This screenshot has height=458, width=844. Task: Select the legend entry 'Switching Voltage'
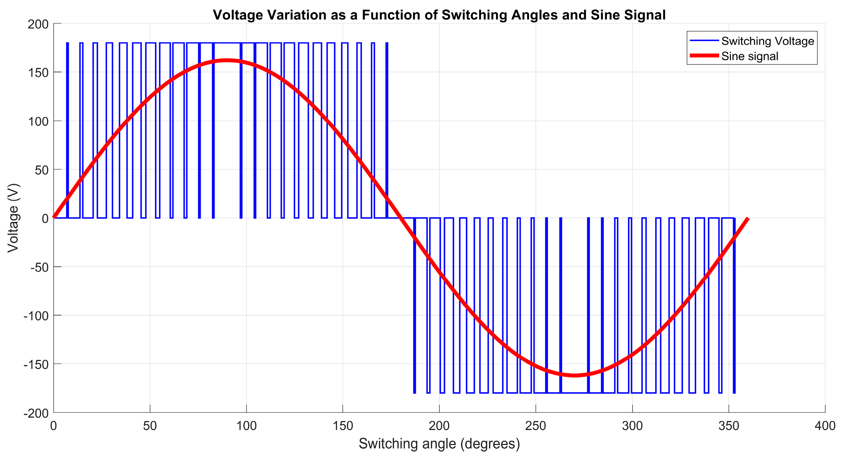(767, 41)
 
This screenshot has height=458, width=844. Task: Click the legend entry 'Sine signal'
(749, 56)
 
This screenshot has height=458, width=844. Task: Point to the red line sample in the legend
(704, 56)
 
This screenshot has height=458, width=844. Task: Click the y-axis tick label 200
(38, 24)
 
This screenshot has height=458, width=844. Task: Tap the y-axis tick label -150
(36, 364)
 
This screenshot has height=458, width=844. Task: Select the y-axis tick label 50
(42, 170)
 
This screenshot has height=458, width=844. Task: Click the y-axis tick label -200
(36, 413)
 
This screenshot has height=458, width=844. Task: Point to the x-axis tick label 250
(535, 426)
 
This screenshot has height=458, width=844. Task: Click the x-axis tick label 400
(824, 426)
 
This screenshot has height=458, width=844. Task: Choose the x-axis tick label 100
(246, 426)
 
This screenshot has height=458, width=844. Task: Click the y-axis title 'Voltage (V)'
(13, 218)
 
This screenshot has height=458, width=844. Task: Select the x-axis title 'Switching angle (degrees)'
(439, 443)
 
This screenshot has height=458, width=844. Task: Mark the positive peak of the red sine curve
(227, 60)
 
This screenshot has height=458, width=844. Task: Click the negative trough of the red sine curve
(574, 375)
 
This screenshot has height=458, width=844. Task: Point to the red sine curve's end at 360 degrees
(747, 219)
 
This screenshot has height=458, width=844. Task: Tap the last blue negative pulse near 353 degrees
(734, 305)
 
